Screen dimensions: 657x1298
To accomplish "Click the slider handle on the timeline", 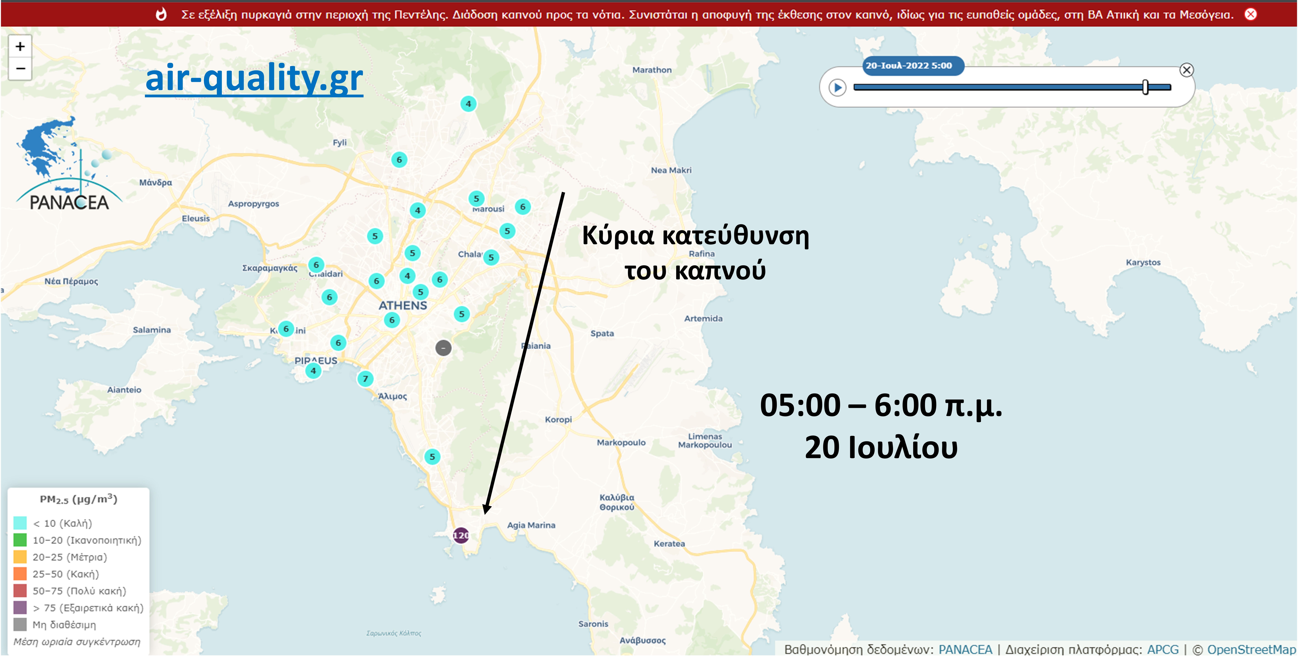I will click(1145, 87).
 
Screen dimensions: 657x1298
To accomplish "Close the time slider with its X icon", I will click(1187, 70).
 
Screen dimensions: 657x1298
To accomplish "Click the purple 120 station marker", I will click(461, 535).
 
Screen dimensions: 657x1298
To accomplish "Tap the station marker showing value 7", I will click(365, 378).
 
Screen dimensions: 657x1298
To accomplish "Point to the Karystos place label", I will click(1143, 262).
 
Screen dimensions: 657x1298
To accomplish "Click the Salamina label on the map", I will click(152, 330).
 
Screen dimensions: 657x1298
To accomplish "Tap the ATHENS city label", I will click(403, 305).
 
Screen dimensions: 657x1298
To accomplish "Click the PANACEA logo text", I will click(69, 202).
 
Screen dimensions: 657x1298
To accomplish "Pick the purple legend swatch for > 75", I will click(20, 608).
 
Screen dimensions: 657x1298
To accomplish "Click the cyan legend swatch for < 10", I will click(20, 523).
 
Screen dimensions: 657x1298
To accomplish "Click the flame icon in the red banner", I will click(161, 14).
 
